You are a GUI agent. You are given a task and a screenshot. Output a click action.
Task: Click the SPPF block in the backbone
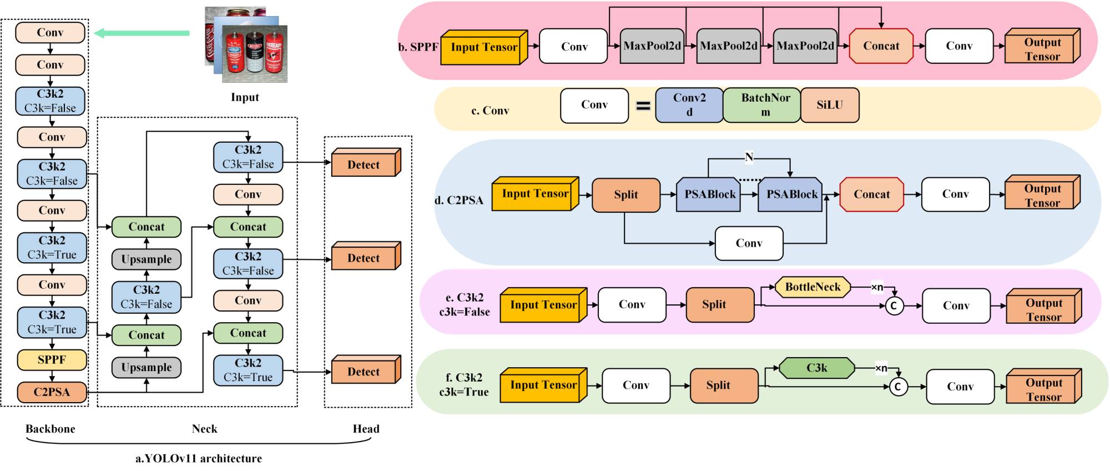pyautogui.click(x=52, y=359)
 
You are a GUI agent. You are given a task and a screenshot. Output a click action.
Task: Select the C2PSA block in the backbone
pyautogui.click(x=52, y=392)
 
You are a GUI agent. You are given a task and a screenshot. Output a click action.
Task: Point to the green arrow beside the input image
pyautogui.click(x=142, y=33)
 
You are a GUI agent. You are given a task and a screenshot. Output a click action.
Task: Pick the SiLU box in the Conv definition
pyautogui.click(x=830, y=105)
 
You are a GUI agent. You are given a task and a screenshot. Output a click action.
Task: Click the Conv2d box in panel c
pyautogui.click(x=689, y=105)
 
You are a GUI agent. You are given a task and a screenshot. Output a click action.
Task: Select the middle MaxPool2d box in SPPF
pyautogui.click(x=728, y=46)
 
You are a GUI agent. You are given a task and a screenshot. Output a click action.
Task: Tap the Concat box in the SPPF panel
pyautogui.click(x=881, y=46)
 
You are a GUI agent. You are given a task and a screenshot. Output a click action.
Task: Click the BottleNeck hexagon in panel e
pyautogui.click(x=813, y=287)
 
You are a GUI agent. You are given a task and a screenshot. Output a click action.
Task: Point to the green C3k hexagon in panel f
pyautogui.click(x=816, y=368)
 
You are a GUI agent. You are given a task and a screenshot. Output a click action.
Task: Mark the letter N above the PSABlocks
pyautogui.click(x=749, y=157)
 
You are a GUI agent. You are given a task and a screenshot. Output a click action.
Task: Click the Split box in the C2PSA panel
pyautogui.click(x=626, y=195)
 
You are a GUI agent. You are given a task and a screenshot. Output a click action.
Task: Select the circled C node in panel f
pyautogui.click(x=897, y=387)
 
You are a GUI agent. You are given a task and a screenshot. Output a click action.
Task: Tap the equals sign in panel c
pyautogui.click(x=643, y=105)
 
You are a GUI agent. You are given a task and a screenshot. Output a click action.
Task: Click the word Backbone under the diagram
pyautogui.click(x=50, y=429)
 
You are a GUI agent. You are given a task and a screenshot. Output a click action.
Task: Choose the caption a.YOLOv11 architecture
pyautogui.click(x=199, y=458)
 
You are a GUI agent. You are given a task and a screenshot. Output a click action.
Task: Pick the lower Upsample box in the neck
pyautogui.click(x=147, y=367)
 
